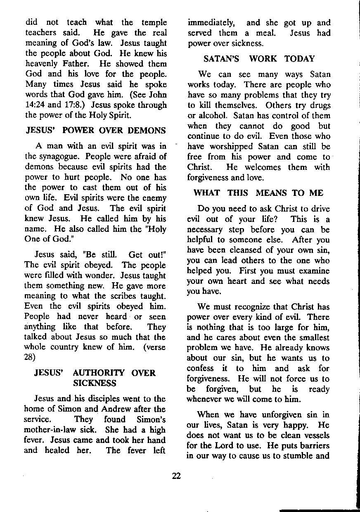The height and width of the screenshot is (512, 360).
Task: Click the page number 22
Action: click(x=176, y=476)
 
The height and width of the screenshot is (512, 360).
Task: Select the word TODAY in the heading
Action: click(x=299, y=59)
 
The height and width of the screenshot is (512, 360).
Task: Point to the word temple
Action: click(x=153, y=22)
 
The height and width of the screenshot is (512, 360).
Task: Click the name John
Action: click(x=157, y=95)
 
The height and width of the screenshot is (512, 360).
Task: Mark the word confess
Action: click(x=201, y=368)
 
